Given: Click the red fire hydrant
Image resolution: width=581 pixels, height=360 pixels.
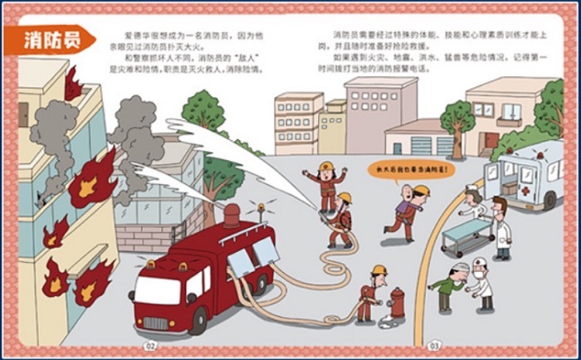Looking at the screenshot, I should tap(397, 303).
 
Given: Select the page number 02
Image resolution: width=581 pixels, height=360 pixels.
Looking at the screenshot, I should tap(150, 345).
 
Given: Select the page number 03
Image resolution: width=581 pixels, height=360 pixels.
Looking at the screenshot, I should tap(433, 345).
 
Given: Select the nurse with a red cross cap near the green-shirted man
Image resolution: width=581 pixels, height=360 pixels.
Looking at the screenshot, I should tap(480, 282).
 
